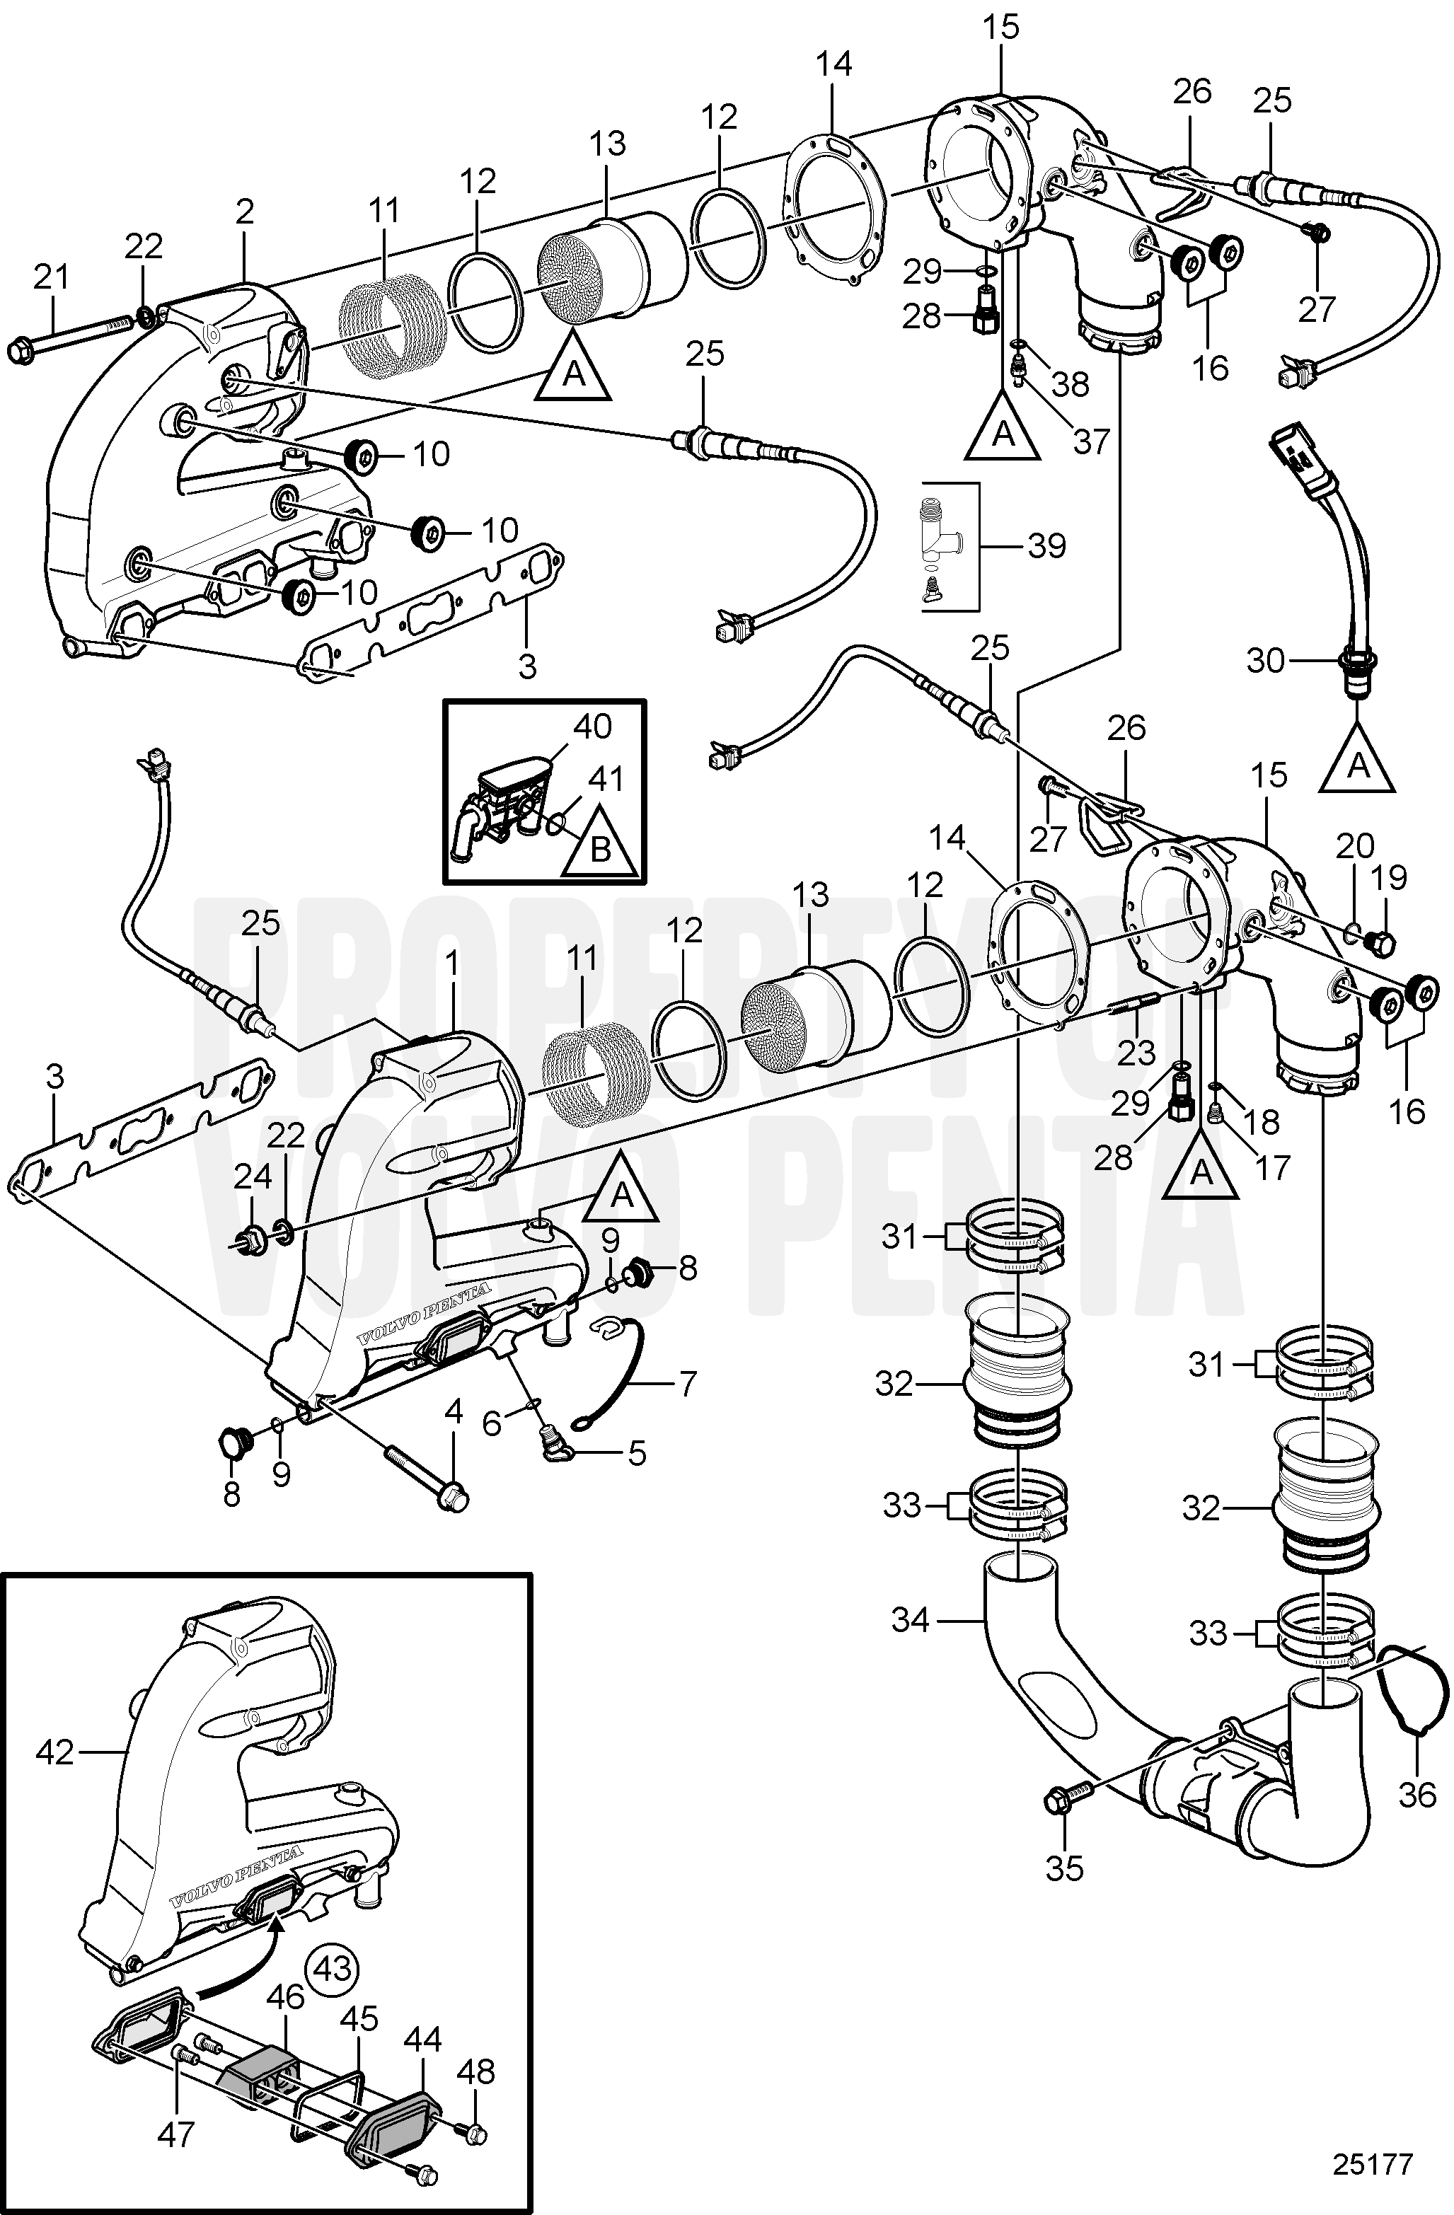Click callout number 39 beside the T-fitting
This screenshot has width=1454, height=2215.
[1046, 545]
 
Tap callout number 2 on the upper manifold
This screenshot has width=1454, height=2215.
[244, 212]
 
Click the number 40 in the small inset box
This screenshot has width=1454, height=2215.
[593, 725]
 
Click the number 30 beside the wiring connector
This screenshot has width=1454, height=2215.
[1265, 661]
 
